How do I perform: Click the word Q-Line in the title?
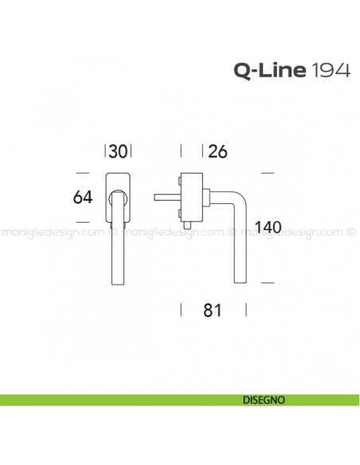tap(269, 71)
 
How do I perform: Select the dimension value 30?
tap(118, 151)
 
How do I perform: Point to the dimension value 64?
tap(84, 197)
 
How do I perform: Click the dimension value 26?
tap(217, 151)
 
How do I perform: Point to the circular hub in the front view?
tap(118, 196)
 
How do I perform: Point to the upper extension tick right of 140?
tap(268, 172)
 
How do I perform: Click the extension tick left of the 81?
tap(183, 311)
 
